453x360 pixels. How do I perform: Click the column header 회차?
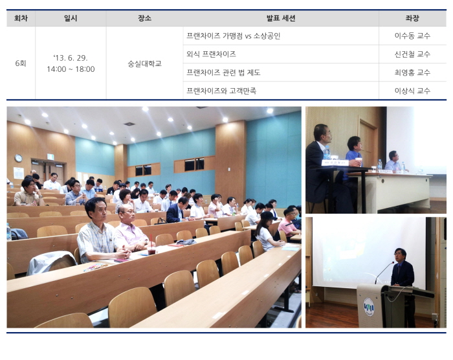[x=21, y=18]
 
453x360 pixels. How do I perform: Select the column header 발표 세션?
[x=281, y=18]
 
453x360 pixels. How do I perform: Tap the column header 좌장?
[x=412, y=18]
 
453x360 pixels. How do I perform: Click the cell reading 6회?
[x=21, y=63]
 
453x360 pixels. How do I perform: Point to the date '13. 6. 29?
[x=71, y=58]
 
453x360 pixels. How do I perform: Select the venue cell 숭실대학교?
[x=144, y=63]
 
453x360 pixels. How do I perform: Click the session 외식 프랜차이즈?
[x=211, y=54]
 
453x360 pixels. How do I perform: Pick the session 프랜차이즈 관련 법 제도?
[x=223, y=73]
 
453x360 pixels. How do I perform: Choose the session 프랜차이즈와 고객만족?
[x=221, y=91]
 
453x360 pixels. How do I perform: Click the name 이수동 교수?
[x=412, y=36]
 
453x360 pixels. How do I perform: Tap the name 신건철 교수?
[x=412, y=54]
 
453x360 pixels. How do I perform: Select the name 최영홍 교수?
[x=412, y=73]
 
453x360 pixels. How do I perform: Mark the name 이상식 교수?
[x=412, y=91]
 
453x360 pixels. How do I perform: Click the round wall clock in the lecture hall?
[x=19, y=158]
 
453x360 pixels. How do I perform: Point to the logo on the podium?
[x=369, y=307]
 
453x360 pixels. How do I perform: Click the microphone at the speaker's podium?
[x=384, y=272]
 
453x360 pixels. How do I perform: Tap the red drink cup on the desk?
[x=151, y=249]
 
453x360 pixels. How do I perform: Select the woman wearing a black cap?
[x=267, y=231]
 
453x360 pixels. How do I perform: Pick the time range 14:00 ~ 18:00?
[x=71, y=69]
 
